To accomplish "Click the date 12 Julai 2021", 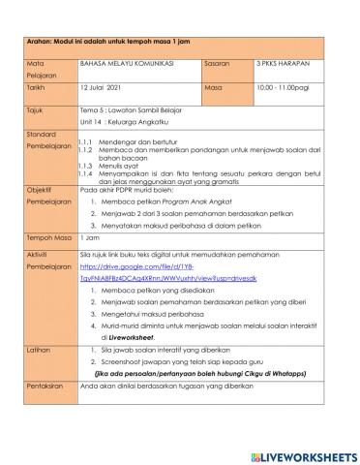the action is (105, 85).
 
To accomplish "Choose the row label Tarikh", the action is (36, 85).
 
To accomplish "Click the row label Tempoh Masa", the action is (45, 234).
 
